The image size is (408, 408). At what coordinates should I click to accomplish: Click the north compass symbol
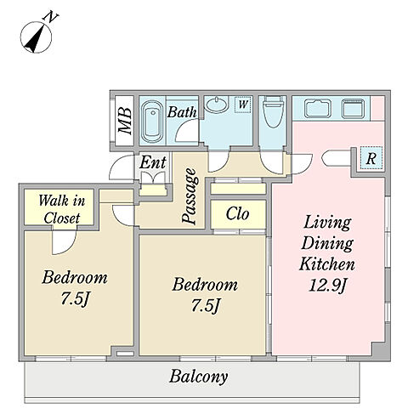point(36,37)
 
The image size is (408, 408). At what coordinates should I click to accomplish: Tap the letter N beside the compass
point(50,17)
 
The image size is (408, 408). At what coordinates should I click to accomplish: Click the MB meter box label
point(125,121)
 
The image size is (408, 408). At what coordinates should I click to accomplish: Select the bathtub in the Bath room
point(152,121)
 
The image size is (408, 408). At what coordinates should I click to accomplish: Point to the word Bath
point(182,112)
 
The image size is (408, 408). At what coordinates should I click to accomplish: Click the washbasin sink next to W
point(217,104)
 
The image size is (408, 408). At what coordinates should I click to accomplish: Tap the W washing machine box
point(243,105)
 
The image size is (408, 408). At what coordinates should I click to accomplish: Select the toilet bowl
point(273,111)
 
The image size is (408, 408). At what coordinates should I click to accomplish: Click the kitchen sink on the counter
point(318,108)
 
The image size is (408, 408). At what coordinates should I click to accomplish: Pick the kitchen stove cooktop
point(353,108)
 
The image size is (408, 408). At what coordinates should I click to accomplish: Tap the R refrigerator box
point(371,159)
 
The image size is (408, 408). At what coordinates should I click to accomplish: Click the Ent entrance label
point(153,162)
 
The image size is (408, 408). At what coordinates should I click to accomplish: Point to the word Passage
point(189,195)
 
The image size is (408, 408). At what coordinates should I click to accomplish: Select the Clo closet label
point(237,214)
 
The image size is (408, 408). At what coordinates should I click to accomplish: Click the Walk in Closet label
point(61,209)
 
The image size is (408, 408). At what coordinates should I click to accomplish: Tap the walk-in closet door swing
point(64,242)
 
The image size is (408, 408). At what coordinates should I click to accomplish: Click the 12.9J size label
point(327,285)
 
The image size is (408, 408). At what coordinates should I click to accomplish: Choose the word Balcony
point(198,377)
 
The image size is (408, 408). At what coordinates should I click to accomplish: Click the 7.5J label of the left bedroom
point(75,298)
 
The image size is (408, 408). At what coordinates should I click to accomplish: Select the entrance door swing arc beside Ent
point(122,167)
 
